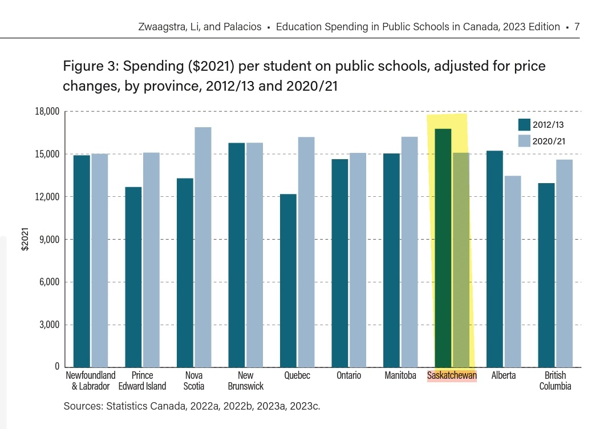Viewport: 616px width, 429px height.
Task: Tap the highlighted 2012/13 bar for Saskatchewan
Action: click(x=443, y=248)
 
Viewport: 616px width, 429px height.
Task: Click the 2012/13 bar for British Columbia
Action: click(x=546, y=274)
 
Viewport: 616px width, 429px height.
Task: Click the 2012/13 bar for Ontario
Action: click(x=340, y=262)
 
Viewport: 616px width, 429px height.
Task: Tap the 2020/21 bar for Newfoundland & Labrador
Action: click(x=99, y=260)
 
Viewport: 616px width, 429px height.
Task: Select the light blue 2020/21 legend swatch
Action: click(x=524, y=141)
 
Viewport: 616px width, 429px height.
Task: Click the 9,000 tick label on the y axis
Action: click(x=50, y=240)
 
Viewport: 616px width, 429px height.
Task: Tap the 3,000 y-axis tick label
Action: click(x=50, y=325)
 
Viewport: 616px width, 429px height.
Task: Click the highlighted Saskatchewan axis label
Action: click(x=452, y=375)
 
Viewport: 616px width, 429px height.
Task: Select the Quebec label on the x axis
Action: click(x=297, y=375)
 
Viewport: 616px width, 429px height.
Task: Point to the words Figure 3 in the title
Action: click(x=89, y=67)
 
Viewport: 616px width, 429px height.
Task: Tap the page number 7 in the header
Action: click(x=577, y=27)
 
